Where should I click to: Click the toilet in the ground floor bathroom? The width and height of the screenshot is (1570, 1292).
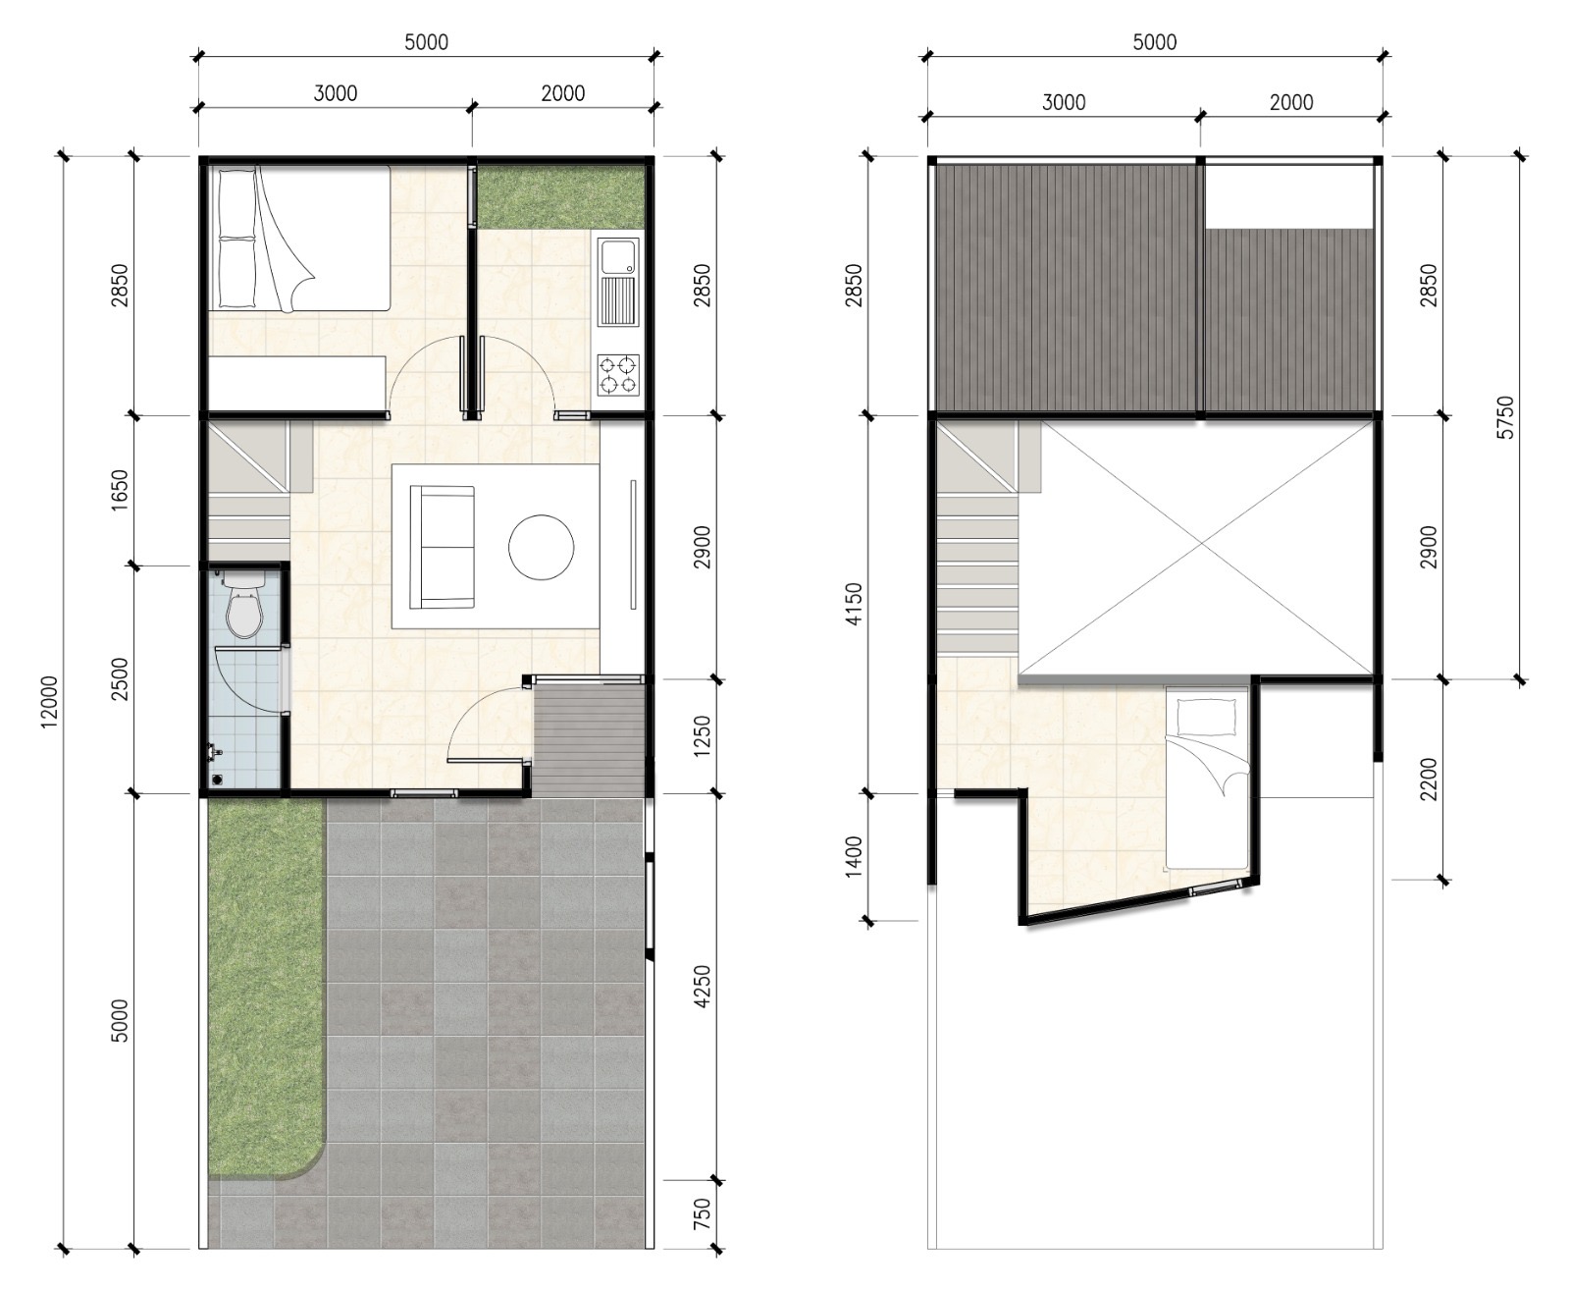244,605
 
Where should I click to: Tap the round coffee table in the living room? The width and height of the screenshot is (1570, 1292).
542,547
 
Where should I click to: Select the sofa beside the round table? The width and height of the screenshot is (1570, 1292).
443,547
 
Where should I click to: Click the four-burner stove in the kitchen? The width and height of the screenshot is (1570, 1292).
618,375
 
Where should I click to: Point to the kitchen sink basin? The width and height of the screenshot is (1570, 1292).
618,257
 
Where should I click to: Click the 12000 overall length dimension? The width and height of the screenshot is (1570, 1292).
49,701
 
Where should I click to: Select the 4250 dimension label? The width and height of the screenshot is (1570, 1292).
702,987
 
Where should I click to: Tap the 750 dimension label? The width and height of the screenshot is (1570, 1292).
702,1234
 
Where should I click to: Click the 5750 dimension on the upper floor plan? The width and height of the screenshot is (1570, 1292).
1504,417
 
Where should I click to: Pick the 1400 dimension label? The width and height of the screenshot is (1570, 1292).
854,856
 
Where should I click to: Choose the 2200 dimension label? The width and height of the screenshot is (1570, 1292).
1428,779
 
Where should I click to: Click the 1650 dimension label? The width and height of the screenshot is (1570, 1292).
119,490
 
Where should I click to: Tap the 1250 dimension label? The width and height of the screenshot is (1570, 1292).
702,736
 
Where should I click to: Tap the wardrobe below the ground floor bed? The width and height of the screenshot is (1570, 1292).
297,382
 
